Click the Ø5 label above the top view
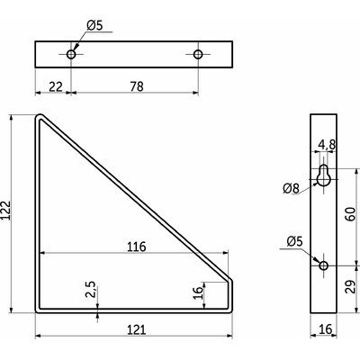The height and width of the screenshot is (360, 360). pyautogui.click(x=94, y=25)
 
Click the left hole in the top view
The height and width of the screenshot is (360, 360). pyautogui.click(x=71, y=54)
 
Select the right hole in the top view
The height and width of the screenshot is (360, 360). pyautogui.click(x=198, y=54)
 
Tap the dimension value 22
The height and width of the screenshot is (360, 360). pyautogui.click(x=56, y=86)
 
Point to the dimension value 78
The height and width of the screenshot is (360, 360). pyautogui.click(x=137, y=86)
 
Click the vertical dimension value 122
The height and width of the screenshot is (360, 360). pyautogui.click(x=6, y=211)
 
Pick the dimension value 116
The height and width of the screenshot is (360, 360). pyautogui.click(x=137, y=247)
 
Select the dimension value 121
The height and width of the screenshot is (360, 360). pyautogui.click(x=137, y=329)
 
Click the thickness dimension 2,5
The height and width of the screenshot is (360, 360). pyautogui.click(x=90, y=289)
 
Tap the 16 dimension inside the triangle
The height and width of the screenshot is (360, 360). pyautogui.click(x=197, y=292)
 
